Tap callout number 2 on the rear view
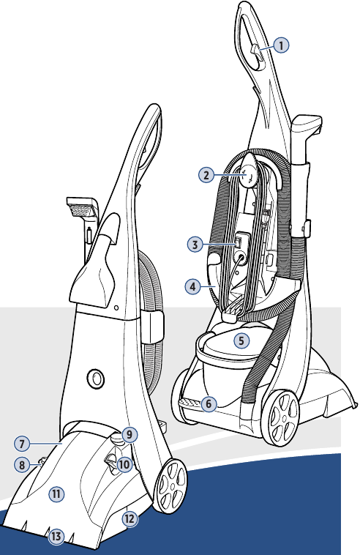coord(207,174)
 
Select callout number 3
coord(194,245)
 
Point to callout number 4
coord(192,287)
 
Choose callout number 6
coord(209,403)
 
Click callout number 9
coord(129,434)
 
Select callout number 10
coord(124,463)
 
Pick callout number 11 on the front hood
coord(56,494)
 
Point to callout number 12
coord(130,518)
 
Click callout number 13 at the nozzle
coord(56,537)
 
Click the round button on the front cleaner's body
coord(95,378)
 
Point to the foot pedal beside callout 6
coord(189,403)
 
